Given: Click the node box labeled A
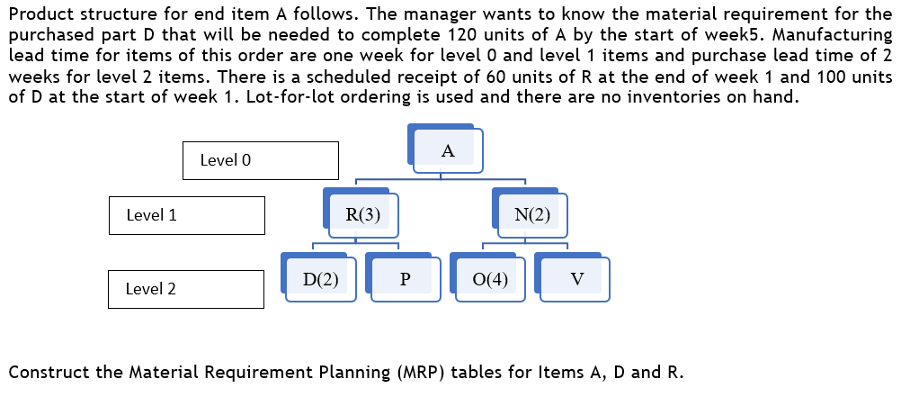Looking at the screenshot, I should pos(448,151).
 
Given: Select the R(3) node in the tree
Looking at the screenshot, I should pos(362,215).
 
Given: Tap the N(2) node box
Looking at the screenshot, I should pos(532,215).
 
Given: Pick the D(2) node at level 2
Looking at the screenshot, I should pos(320,279).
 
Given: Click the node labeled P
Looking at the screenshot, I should pos(405,279).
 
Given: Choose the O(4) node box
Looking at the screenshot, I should pos(490,279).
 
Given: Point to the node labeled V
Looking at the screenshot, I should pos(575,279).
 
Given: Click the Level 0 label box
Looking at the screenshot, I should pos(260,160).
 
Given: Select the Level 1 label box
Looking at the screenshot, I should pos(186,215).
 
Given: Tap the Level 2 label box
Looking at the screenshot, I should pos(185,289).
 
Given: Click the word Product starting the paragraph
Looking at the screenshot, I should pos(41,14).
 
